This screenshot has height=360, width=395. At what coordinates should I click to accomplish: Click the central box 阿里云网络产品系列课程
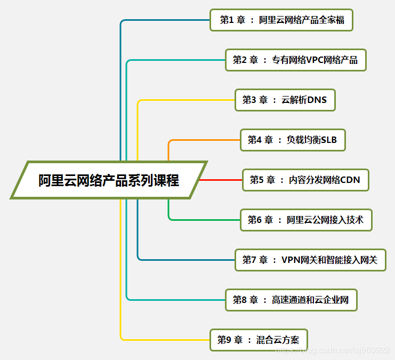(x=109, y=180)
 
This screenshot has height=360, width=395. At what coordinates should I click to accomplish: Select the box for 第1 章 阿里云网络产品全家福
(x=281, y=20)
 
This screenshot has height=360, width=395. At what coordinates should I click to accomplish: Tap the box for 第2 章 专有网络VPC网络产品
(x=295, y=60)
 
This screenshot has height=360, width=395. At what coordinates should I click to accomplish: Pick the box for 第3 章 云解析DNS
(x=285, y=100)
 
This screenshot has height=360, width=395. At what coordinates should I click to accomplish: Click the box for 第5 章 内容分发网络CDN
(x=305, y=180)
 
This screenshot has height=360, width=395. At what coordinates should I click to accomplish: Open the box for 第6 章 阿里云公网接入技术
(x=305, y=219)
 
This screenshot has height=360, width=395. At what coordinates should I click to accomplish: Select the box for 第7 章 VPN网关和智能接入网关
(x=310, y=260)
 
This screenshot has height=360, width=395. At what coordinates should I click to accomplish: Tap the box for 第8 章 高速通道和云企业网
(x=291, y=300)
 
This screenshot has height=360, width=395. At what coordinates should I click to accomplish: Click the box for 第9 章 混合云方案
(x=259, y=340)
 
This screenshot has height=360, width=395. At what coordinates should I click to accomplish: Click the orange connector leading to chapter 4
(x=203, y=140)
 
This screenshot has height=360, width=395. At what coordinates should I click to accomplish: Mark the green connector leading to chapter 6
(x=203, y=219)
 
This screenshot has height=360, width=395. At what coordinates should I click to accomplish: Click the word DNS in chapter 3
(x=317, y=100)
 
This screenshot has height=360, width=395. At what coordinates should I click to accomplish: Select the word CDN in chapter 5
(x=350, y=180)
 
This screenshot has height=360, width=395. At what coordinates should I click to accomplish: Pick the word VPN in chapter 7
(x=292, y=260)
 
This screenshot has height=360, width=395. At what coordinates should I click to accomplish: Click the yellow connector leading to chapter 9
(x=165, y=339)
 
